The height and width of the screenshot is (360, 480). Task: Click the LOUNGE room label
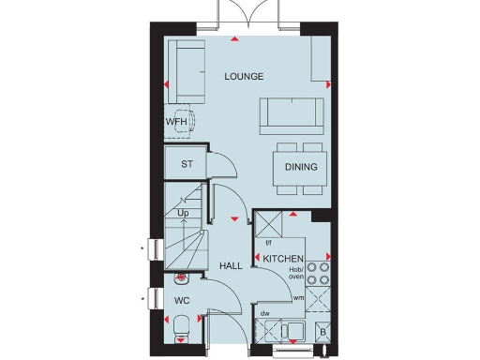click(243, 76)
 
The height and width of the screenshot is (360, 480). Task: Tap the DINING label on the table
click(301, 168)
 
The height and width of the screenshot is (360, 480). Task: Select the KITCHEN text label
click(281, 258)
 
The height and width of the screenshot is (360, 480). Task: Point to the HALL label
click(231, 266)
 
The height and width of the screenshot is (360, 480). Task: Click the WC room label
click(183, 302)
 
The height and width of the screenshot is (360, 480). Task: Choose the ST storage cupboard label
click(187, 164)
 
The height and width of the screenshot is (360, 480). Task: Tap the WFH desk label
click(177, 122)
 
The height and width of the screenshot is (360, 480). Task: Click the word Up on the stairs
click(183, 214)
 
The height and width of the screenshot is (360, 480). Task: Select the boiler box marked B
click(322, 331)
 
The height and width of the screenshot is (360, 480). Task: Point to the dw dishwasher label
click(265, 314)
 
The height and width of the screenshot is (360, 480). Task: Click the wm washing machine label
click(299, 297)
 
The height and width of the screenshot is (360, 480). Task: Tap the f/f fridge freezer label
click(268, 243)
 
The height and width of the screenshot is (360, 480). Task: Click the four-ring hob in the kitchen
click(319, 272)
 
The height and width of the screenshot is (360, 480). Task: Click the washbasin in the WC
click(181, 278)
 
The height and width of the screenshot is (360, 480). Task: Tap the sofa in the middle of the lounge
click(291, 112)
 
